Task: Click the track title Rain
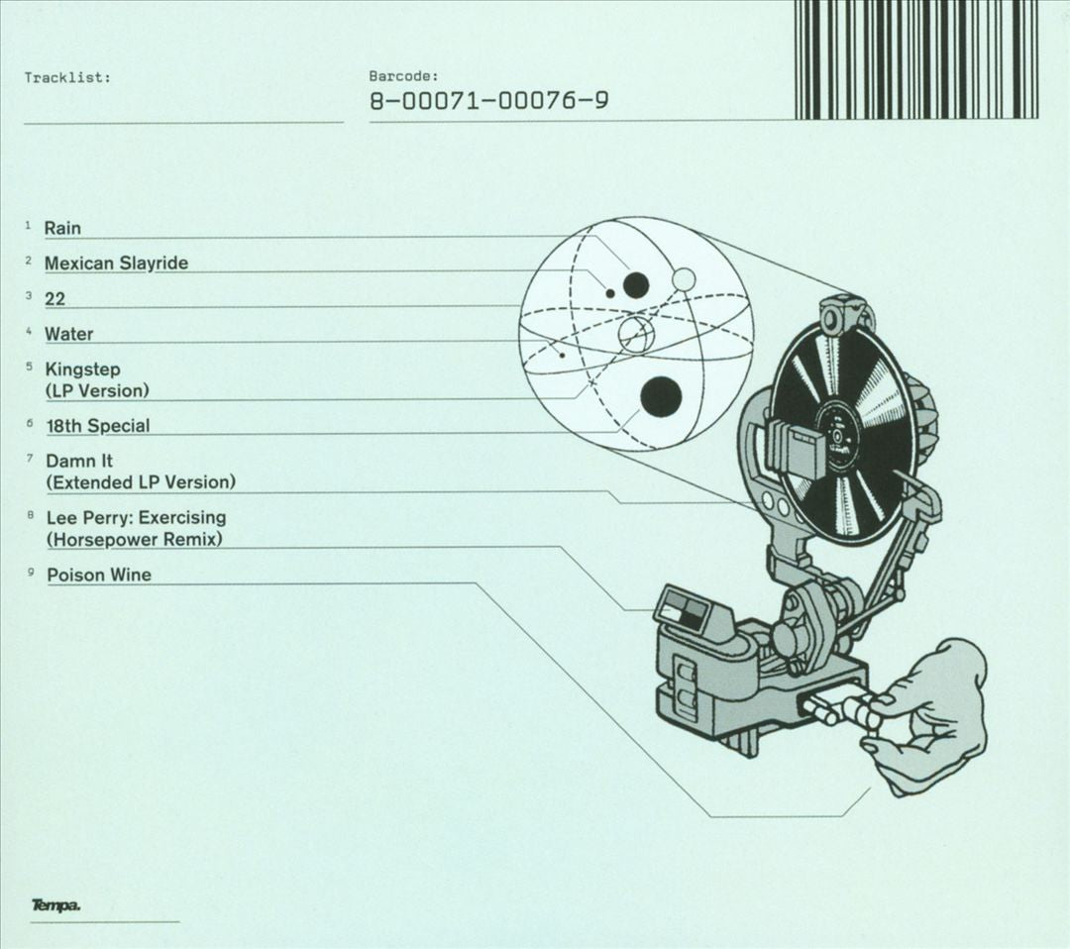point(62,228)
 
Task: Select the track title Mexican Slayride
point(116,263)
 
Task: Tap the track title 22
point(54,298)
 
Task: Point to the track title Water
point(69,334)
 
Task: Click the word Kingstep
point(82,369)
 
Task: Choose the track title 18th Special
point(97,426)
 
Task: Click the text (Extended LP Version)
point(141,482)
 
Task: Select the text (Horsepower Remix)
point(135,540)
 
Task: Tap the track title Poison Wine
point(99,575)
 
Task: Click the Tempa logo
point(56,906)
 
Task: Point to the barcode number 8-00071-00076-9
point(489,101)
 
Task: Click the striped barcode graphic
point(916,59)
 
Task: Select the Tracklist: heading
point(67,77)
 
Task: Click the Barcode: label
point(403,75)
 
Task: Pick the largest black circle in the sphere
point(661,396)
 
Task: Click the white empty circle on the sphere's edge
point(684,278)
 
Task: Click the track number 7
point(30,458)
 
